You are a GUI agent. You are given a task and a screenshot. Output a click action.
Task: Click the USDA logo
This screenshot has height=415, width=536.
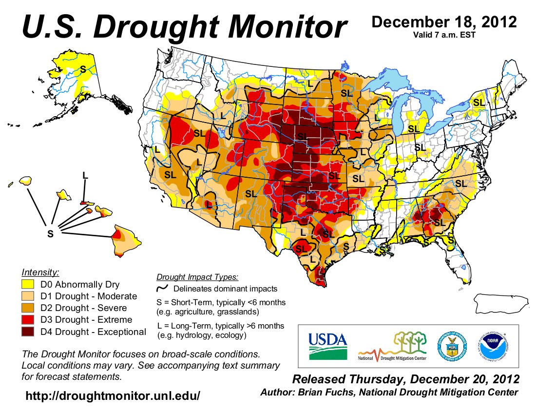(x=327, y=345)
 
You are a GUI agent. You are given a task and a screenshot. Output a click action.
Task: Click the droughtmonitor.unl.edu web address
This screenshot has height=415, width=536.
(x=113, y=395)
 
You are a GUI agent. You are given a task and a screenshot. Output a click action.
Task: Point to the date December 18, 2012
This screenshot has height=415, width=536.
(x=443, y=22)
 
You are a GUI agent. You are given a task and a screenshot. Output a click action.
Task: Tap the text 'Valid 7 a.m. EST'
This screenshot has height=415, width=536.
(x=443, y=34)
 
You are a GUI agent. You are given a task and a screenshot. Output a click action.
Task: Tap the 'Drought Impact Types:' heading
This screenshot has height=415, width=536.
(x=197, y=277)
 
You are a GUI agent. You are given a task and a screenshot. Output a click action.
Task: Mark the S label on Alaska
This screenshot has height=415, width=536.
(x=83, y=69)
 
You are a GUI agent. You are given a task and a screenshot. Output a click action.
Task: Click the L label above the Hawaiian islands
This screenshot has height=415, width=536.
(x=85, y=175)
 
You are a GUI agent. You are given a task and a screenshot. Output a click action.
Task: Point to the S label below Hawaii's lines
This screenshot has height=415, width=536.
(x=50, y=233)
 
